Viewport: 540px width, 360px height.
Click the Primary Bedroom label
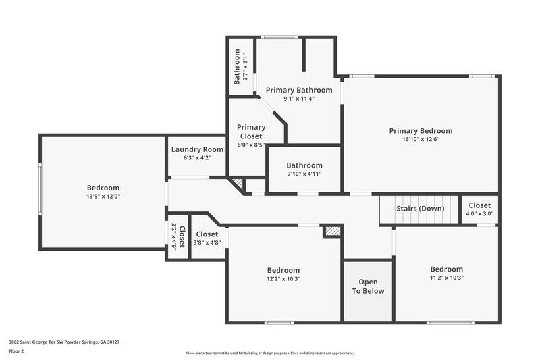[x=421, y=130]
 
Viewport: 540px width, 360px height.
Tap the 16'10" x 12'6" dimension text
[x=421, y=140]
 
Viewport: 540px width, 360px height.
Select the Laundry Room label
[x=197, y=149]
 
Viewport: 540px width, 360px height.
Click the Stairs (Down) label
[x=421, y=209]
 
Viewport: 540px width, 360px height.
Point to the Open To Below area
[x=368, y=286]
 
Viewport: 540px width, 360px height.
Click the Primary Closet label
[x=251, y=131]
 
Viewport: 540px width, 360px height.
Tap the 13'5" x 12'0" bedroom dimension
[x=103, y=197]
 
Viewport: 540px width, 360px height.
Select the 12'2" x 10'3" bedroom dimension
[x=283, y=278]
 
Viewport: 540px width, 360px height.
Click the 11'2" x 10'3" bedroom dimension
[x=447, y=277]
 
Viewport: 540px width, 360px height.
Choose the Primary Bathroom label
[x=299, y=90]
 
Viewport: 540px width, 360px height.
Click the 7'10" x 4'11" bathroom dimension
[x=304, y=174]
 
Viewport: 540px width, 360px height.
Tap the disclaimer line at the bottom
[x=270, y=353]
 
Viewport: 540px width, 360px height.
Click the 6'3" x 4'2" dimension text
[x=197, y=158]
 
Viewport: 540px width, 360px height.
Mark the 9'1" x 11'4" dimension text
[x=299, y=99]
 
